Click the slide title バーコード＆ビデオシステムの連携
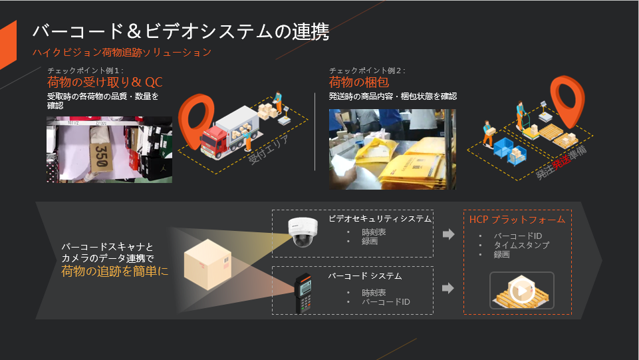tap(180, 31)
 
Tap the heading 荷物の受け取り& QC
tap(105, 83)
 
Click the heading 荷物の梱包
tap(358, 83)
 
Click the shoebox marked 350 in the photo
tap(101, 153)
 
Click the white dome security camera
tap(305, 232)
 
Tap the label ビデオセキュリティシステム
tap(380, 218)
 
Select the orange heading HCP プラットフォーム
tap(517, 219)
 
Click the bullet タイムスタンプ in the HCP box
tap(521, 245)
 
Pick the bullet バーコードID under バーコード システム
tap(386, 302)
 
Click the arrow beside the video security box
tap(448, 234)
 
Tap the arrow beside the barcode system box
tap(448, 288)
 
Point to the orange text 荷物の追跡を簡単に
tap(115, 271)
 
